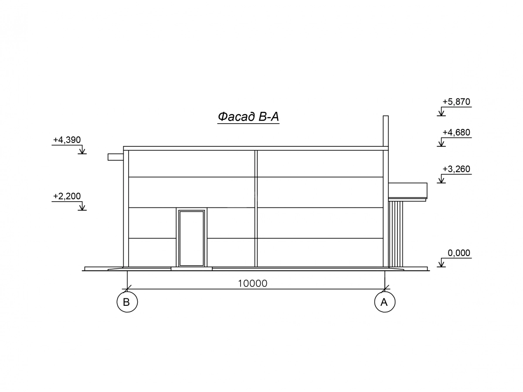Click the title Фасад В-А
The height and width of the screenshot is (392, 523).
tap(248, 117)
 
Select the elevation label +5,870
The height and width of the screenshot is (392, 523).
tap(456, 102)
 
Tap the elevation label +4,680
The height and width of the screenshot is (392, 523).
tap(456, 132)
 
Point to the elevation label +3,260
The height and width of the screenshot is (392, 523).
tap(456, 169)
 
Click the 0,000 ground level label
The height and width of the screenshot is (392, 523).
tap(458, 253)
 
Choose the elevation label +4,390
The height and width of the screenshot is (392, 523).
tap(67, 140)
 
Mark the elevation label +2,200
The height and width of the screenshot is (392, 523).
tap(67, 196)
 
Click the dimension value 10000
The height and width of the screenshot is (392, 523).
tap(252, 284)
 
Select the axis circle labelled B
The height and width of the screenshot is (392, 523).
tap(127, 302)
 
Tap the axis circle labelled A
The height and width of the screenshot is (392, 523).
tap(384, 302)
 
